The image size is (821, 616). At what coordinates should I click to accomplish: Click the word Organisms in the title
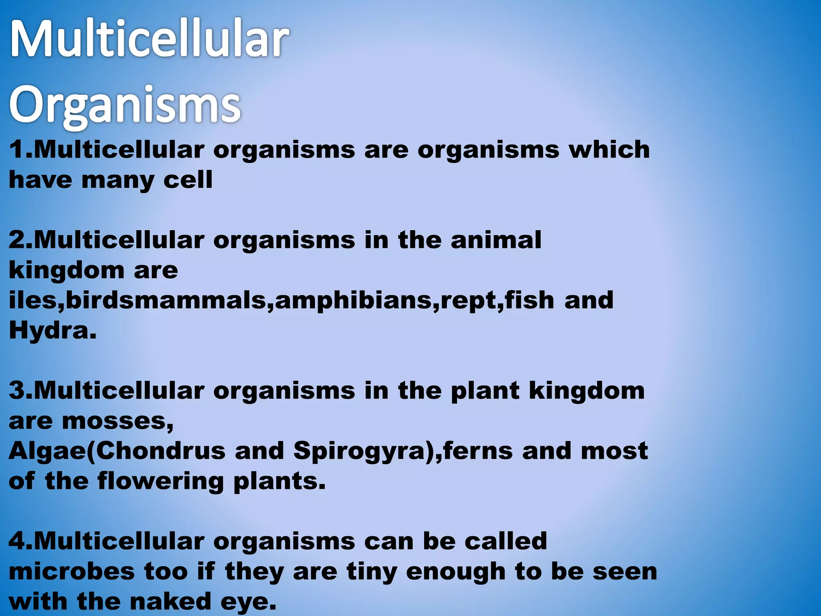(125, 105)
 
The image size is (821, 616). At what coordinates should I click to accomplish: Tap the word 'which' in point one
(609, 150)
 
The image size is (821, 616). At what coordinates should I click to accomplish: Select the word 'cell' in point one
(188, 180)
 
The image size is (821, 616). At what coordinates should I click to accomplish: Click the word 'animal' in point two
(496, 240)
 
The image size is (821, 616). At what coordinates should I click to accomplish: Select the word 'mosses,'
(118, 421)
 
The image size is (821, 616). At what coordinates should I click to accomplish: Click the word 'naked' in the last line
(170, 601)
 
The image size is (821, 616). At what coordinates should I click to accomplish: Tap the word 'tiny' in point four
(372, 571)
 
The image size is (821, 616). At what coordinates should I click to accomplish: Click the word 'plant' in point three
(485, 391)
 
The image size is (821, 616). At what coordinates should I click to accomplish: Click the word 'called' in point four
(506, 541)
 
